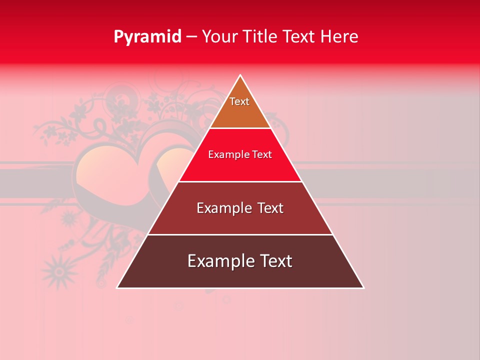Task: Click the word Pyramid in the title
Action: tap(147, 37)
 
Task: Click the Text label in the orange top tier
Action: tap(239, 101)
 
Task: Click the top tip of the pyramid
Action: tap(240, 75)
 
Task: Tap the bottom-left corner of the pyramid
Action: tap(117, 287)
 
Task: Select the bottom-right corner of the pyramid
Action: tap(363, 287)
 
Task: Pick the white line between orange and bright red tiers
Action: tap(240, 128)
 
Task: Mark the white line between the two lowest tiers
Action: tap(240, 234)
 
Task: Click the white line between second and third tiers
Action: tap(240, 181)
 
